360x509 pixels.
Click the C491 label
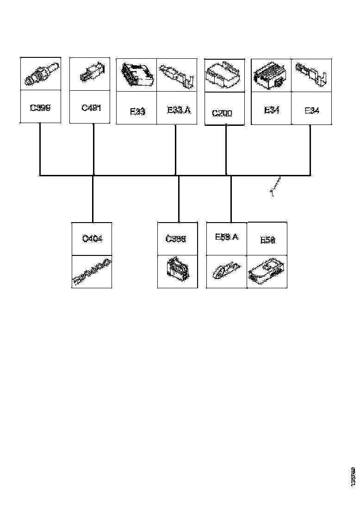click(x=91, y=108)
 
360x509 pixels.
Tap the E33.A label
click(x=178, y=110)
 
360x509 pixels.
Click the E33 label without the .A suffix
click(x=137, y=111)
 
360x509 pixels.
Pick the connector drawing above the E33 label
click(x=137, y=74)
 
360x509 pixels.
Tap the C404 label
click(x=92, y=239)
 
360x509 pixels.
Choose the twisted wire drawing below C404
click(x=92, y=272)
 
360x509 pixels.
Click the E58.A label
click(x=226, y=237)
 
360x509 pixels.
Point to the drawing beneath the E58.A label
click(x=226, y=272)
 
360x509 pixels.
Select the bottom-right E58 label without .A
click(x=267, y=240)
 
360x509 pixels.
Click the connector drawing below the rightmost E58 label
click(x=267, y=272)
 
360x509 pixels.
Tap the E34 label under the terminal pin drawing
click(x=311, y=110)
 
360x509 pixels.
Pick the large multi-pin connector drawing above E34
click(x=271, y=75)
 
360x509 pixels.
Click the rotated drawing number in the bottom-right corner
click(x=353, y=477)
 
